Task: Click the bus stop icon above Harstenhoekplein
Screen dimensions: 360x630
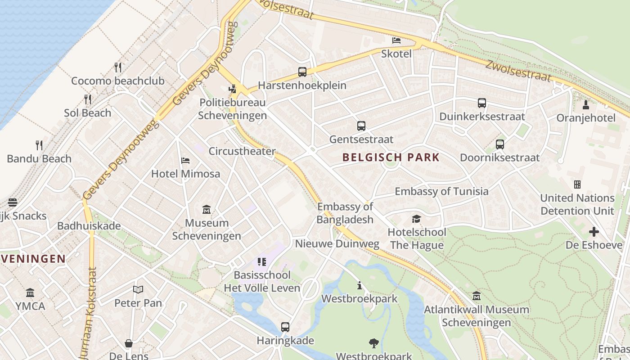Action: [x=302, y=72]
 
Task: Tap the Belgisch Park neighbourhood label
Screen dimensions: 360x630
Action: [x=391, y=157]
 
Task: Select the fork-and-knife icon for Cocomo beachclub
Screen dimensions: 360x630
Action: [x=118, y=67]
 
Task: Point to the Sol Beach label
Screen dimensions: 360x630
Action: [x=87, y=113]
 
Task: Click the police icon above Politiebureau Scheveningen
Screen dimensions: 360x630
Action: [x=232, y=89]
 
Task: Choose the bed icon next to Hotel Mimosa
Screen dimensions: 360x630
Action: [x=185, y=161]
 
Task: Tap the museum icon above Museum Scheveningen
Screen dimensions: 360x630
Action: [x=207, y=209]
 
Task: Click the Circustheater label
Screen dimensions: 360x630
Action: [x=242, y=151]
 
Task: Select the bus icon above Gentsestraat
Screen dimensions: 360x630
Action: [x=361, y=126]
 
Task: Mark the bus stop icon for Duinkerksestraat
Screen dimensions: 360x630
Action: [x=482, y=103]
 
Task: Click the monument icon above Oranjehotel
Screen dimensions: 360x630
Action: [x=586, y=105]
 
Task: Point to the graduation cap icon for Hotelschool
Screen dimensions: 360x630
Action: [x=417, y=219]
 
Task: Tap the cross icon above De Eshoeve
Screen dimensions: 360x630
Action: [x=594, y=232]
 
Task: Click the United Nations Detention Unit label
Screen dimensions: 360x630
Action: [x=577, y=204]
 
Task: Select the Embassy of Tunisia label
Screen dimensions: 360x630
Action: [x=441, y=191]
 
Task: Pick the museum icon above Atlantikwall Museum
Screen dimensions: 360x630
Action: [x=477, y=296]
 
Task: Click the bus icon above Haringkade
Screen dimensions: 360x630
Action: [x=285, y=327]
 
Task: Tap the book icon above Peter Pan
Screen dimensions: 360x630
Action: [x=138, y=289]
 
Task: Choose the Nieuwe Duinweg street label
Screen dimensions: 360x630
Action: [x=337, y=244]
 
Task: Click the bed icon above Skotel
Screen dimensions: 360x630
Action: [x=396, y=40]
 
